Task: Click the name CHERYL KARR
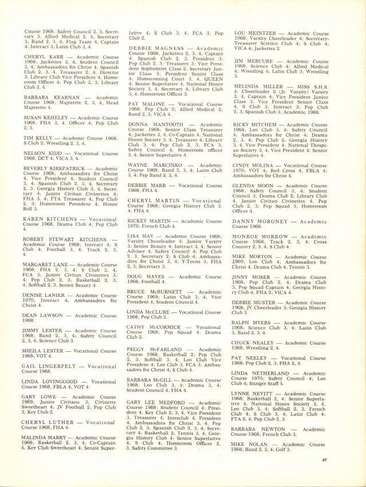point(44,58)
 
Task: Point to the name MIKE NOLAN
point(253,444)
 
